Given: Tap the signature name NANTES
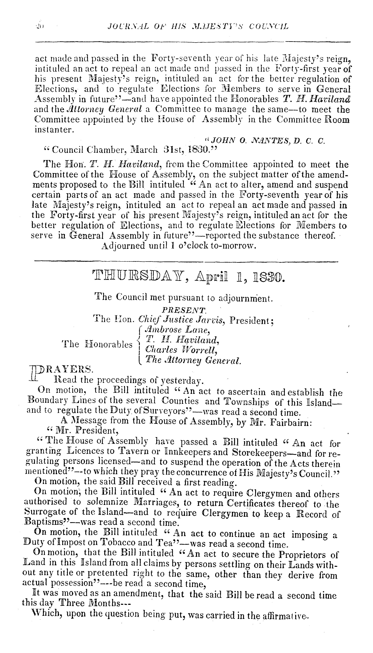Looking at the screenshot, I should coord(254,141).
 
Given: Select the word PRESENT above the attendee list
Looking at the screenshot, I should coord(184,310).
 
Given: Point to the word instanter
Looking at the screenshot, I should coord(54,130).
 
